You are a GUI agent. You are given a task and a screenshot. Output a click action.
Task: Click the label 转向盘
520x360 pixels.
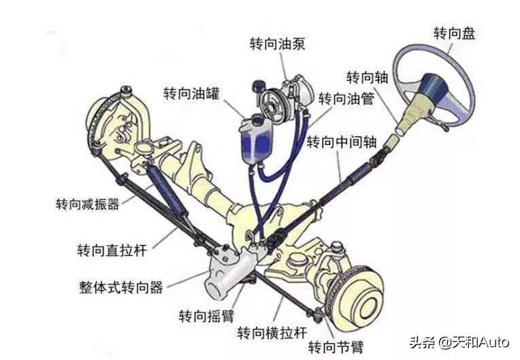455,34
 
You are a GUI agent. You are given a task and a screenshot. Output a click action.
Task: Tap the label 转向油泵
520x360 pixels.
277,44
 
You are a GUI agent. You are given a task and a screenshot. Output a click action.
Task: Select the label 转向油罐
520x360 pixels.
191,93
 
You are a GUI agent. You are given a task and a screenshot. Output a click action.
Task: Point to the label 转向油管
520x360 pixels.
346,99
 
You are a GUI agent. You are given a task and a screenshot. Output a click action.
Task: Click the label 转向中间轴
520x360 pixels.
342,142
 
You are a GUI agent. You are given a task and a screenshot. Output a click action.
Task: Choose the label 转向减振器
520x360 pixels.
88,203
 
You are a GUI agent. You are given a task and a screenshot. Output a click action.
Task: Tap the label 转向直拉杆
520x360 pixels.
112,250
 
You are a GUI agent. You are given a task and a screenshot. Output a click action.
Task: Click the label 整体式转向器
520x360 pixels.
121,287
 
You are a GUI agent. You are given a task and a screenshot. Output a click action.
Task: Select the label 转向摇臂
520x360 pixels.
207,316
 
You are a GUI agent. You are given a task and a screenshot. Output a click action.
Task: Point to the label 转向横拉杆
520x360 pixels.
272,333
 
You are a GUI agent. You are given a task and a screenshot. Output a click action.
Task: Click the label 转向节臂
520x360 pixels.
336,347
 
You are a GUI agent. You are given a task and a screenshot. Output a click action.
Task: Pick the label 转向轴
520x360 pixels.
367,77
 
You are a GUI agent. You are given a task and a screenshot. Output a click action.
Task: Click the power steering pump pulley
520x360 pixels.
273,105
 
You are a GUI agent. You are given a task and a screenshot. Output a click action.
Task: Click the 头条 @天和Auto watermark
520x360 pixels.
459,342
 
